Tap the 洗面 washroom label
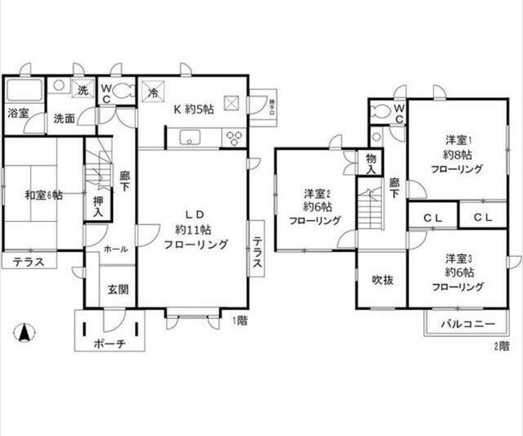coord(65,119)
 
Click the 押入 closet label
coord(97,206)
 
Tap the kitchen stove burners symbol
coord(235,137)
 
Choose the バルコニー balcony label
coord(468,324)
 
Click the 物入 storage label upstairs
coord(370,163)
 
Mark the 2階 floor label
coord(501,346)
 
